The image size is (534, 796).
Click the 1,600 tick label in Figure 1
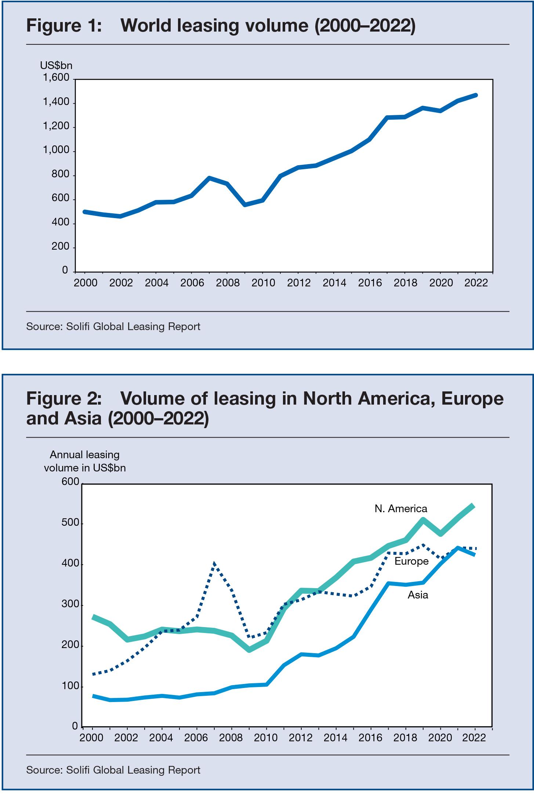point(56,78)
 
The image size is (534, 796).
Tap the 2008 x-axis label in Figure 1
point(228,283)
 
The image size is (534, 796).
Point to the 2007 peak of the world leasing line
point(209,178)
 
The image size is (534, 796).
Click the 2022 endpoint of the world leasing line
point(475,95)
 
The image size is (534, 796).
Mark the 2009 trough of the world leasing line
point(245,205)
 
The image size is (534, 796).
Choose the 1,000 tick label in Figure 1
point(56,150)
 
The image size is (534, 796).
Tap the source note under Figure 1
point(113,326)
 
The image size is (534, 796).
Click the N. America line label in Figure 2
point(401,509)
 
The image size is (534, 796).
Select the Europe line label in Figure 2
point(411,561)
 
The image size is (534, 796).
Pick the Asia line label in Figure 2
point(418,594)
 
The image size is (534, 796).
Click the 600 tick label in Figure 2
point(70,482)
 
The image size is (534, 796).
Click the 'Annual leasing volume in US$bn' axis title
point(85,462)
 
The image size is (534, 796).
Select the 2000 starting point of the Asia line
point(93,696)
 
